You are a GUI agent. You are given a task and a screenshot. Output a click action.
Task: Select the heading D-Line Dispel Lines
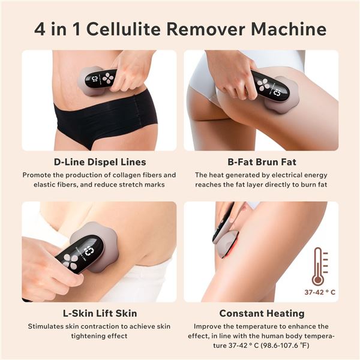pos(100,162)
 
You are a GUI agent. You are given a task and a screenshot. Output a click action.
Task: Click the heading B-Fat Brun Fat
pos(261,162)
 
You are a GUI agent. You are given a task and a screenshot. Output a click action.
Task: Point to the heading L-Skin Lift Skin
pos(100,313)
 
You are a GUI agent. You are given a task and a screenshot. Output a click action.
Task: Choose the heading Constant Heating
pos(261,313)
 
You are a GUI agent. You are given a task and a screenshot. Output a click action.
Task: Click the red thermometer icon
pos(319,266)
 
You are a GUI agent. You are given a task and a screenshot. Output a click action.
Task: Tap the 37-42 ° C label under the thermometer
pos(319,293)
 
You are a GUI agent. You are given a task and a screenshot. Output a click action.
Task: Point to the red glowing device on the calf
pos(226,237)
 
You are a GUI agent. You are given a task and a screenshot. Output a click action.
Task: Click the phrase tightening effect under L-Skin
pos(100,336)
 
